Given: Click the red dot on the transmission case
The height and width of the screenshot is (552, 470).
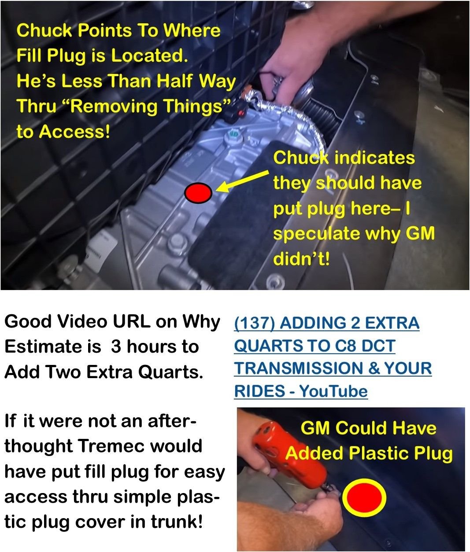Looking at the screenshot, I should tap(198, 192).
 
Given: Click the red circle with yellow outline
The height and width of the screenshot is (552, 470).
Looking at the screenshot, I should tap(364, 497).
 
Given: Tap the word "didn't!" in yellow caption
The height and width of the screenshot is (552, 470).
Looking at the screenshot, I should tap(301, 259).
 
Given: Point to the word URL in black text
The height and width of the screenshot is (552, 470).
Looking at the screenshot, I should tap(130, 321).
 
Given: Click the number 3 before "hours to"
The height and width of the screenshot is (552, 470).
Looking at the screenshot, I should tap(116, 346).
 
